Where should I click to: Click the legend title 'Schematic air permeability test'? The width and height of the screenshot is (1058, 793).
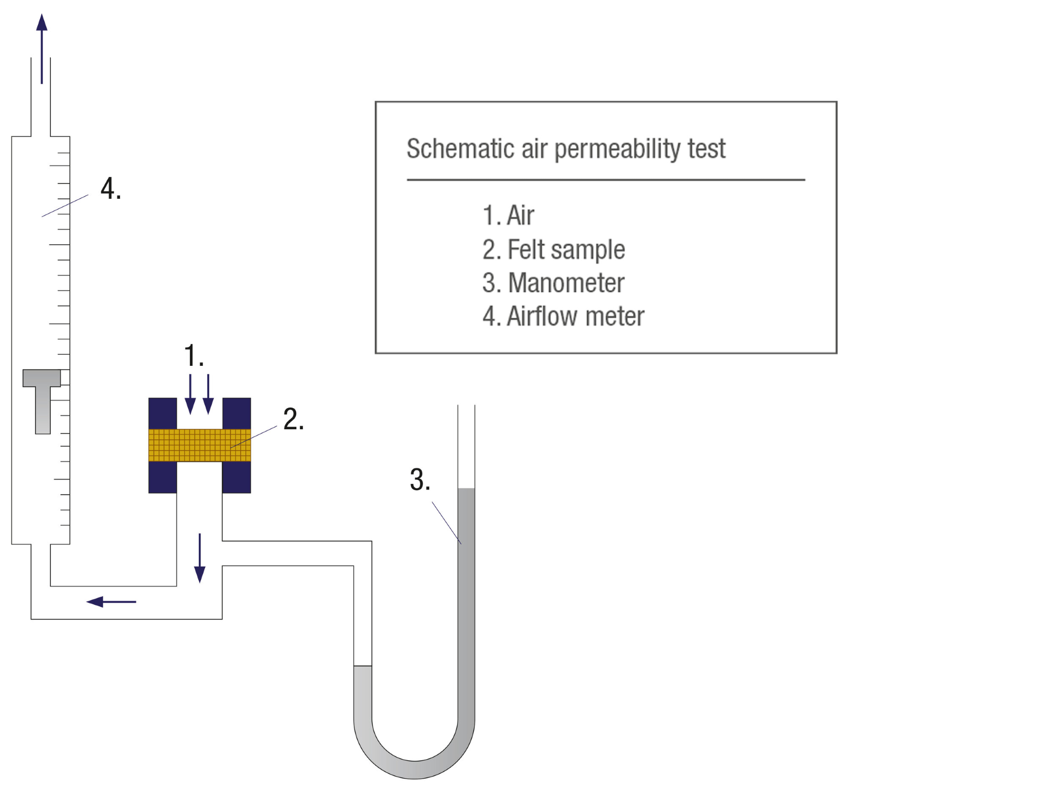566,149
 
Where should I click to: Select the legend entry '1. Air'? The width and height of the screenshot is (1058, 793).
508,216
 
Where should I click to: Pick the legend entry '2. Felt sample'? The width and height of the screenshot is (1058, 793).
553,250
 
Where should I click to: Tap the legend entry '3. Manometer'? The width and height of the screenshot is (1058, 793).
553,283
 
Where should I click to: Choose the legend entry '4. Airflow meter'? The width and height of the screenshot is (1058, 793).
563,317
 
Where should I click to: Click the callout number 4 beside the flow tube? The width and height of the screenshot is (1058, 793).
110,189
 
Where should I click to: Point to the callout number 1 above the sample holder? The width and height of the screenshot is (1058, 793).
193,355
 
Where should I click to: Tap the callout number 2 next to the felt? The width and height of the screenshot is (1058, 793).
293,419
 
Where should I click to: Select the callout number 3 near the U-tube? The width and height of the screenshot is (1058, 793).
419,480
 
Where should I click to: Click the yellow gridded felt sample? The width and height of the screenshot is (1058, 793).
199,445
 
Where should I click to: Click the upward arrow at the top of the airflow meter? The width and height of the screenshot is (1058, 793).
42,48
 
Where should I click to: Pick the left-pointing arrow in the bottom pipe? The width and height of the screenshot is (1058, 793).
111,602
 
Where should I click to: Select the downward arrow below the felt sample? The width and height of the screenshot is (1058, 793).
199,558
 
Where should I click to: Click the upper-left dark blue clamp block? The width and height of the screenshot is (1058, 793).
162,413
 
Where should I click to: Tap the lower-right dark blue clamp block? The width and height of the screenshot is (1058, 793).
236,477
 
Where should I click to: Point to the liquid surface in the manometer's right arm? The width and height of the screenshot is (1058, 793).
466,488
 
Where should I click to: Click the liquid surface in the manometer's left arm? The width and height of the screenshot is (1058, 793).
363,666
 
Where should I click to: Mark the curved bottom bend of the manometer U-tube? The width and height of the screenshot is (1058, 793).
414,769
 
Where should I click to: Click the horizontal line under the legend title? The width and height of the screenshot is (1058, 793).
606,180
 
